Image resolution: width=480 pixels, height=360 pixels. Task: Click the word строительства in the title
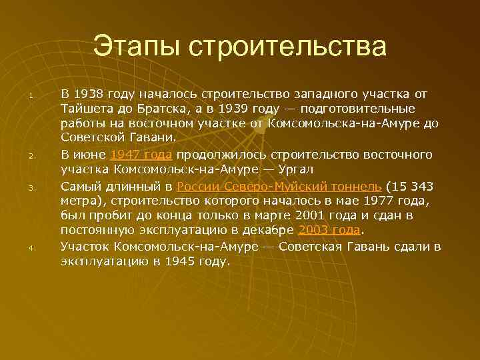(287, 47)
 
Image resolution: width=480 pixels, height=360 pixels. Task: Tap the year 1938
(89, 93)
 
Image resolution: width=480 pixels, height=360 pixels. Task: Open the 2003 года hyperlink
(329, 231)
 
